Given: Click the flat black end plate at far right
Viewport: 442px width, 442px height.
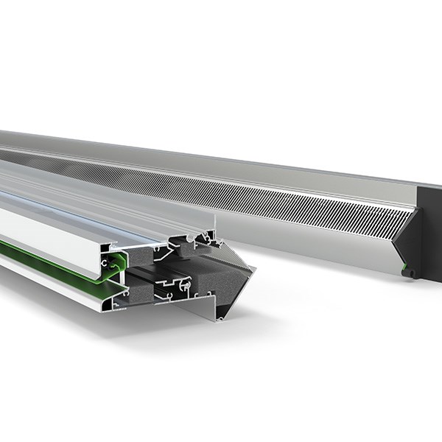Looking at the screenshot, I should pyautogui.click(x=430, y=228).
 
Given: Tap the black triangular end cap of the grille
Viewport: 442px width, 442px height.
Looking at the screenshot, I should pyautogui.click(x=408, y=236).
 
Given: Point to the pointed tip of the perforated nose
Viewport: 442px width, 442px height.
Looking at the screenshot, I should pyautogui.click(x=253, y=270).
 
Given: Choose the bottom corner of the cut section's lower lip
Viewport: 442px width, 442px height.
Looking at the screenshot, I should pyautogui.click(x=218, y=320).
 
